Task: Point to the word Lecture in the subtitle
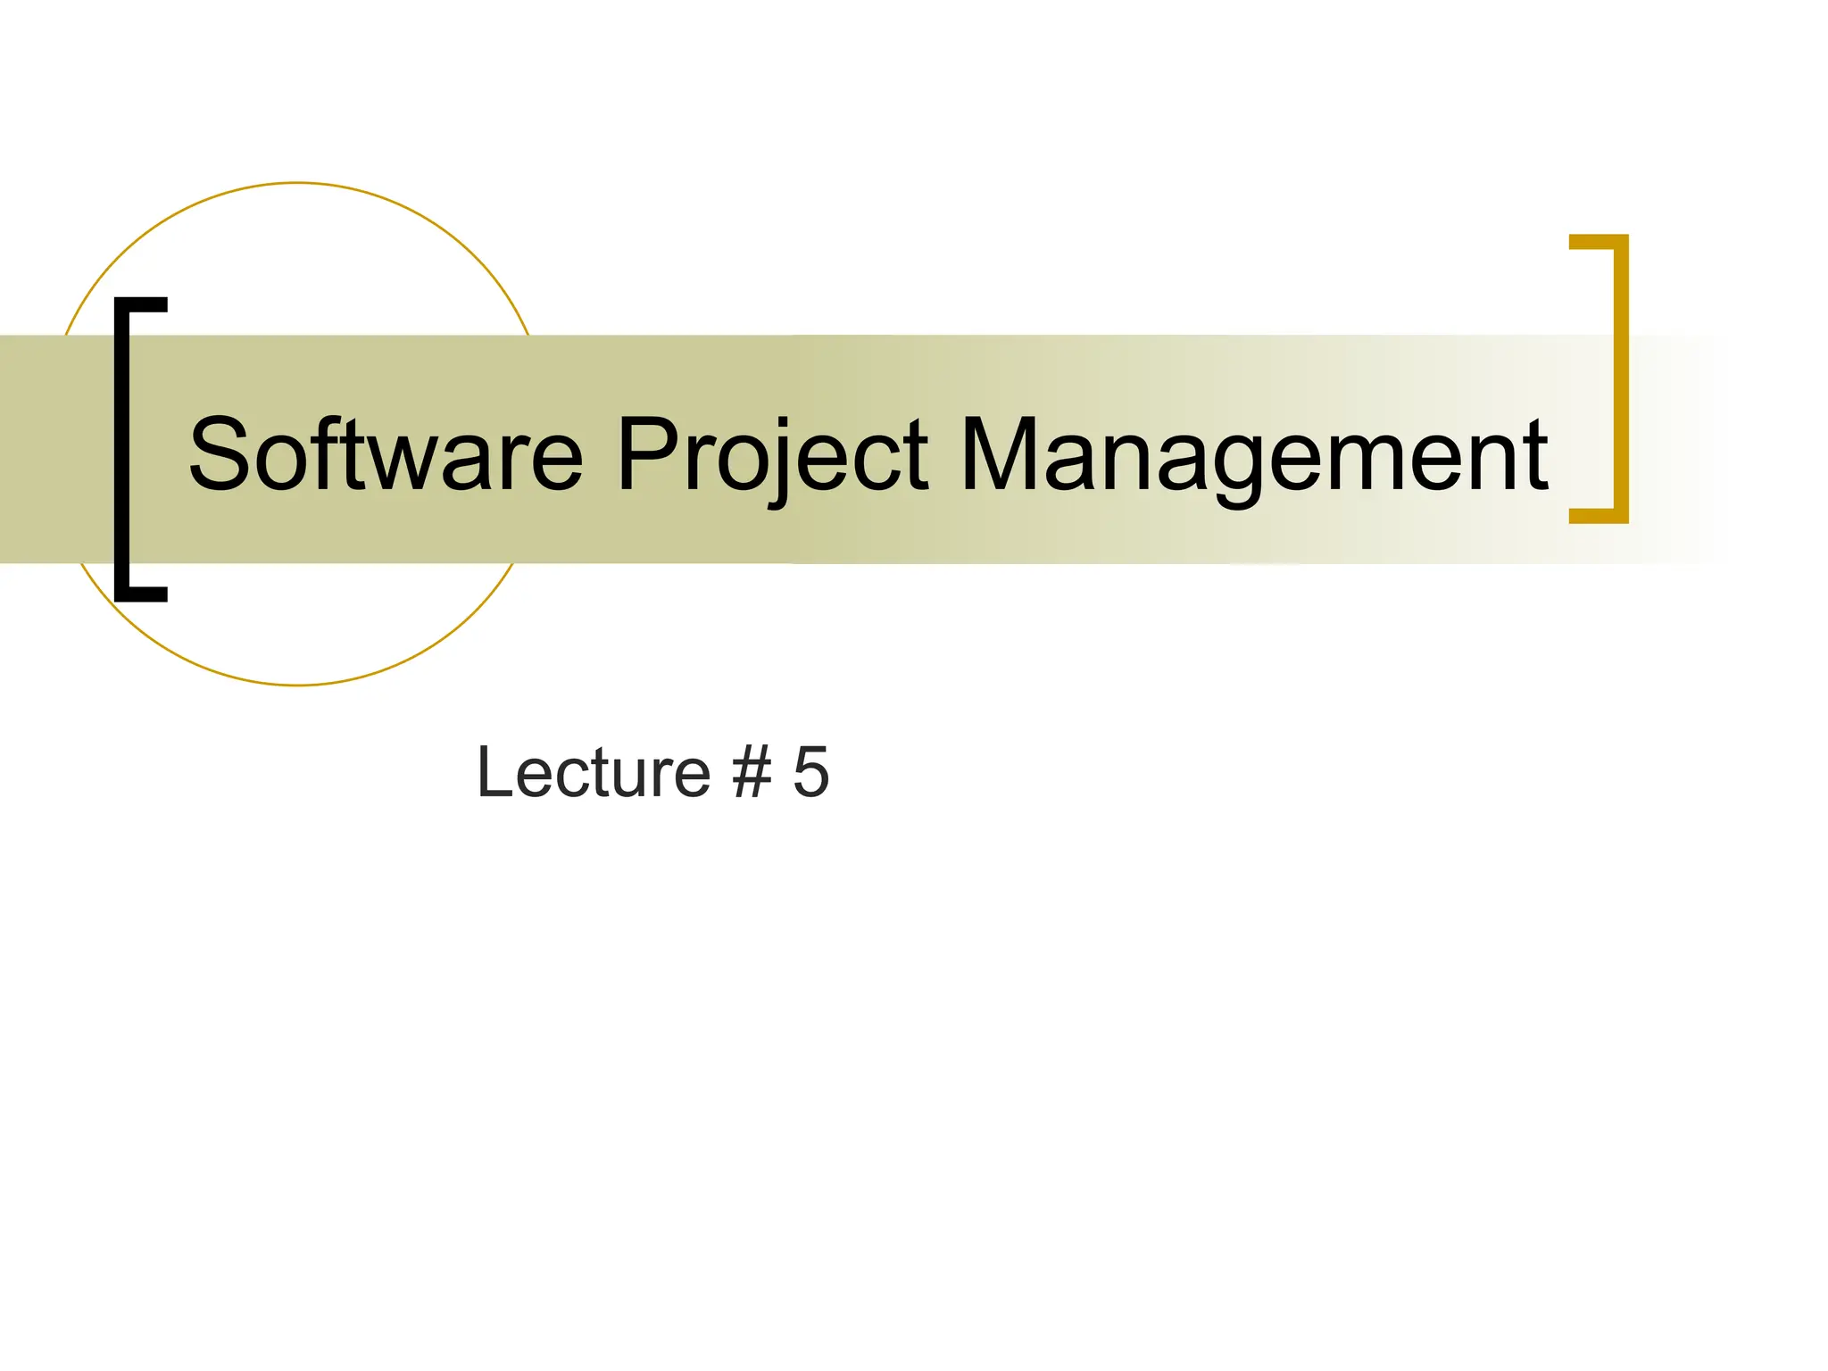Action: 594,772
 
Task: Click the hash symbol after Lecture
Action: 752,772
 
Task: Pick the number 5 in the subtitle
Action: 811,772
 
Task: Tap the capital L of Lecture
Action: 494,772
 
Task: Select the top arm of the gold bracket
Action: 1598,242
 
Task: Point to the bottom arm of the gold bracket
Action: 1598,515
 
